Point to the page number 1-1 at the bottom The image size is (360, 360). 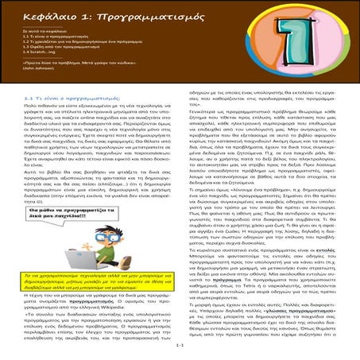click(x=180, y=346)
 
